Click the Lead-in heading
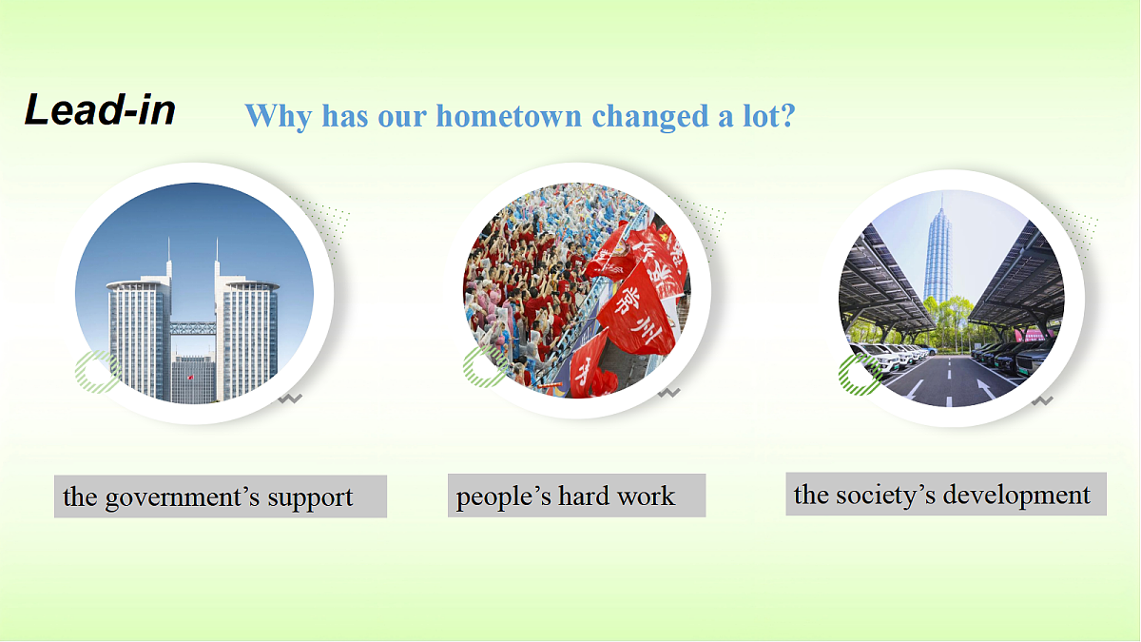point(100,109)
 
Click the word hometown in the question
point(509,116)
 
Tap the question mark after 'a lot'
point(787,115)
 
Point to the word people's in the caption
point(503,496)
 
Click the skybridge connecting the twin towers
point(193,327)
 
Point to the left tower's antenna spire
point(168,256)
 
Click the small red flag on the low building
point(190,378)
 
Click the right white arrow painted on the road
point(986,389)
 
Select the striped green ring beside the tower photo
point(97,372)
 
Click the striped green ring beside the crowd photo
point(485,367)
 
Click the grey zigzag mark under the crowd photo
point(668,392)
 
